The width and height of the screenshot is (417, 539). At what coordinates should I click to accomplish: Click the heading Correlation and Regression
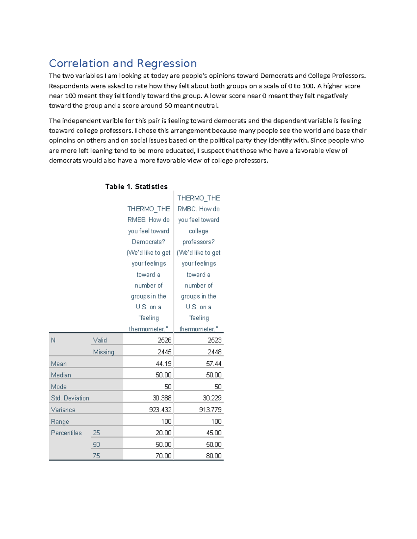[x=123, y=64]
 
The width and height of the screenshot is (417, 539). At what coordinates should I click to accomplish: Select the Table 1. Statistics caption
[x=136, y=187]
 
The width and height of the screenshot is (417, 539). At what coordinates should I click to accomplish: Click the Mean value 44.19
[x=163, y=363]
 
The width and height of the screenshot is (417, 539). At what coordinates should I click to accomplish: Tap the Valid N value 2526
[x=164, y=340]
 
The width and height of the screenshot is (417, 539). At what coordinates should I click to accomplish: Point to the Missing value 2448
[x=214, y=352]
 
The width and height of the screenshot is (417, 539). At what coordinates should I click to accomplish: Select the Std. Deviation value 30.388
[x=162, y=398]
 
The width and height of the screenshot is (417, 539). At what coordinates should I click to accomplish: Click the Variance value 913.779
[x=210, y=410]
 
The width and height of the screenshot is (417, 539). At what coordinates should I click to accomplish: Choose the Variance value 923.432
[x=160, y=410]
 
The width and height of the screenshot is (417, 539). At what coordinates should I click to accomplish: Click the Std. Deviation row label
[x=70, y=398]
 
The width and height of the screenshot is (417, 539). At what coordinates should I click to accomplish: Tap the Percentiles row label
[x=66, y=433]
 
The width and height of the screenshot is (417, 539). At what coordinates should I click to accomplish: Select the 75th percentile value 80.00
[x=213, y=456]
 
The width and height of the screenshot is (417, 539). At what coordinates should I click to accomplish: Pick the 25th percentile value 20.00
[x=163, y=433]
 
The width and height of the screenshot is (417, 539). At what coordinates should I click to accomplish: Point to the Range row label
[x=60, y=421]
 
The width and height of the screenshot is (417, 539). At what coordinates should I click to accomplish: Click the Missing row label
[x=103, y=352]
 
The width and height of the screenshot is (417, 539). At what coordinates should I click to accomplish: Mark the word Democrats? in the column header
[x=148, y=242]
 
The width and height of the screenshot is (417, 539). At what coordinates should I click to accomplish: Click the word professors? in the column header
[x=198, y=242]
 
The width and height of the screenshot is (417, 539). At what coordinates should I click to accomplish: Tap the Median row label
[x=61, y=375]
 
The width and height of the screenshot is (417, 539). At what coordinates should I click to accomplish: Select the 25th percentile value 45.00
[x=213, y=433]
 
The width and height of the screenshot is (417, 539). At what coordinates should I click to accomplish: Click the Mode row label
[x=58, y=387]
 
